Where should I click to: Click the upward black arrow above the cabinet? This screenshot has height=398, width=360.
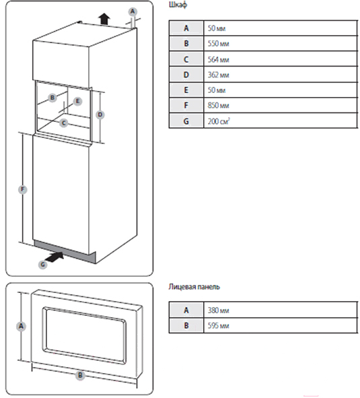[x=104, y=19]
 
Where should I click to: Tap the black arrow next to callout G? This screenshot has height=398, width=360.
[x=55, y=257]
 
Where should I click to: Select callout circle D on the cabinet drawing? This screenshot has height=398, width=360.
[x=100, y=114]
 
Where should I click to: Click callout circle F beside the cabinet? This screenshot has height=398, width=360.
[x=23, y=189]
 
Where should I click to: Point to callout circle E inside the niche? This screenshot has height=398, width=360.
[x=77, y=101]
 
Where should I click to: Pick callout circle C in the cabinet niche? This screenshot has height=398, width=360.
[x=63, y=123]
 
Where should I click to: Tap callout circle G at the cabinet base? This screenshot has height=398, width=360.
[x=42, y=265]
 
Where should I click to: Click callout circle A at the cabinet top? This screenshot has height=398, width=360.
[x=133, y=11]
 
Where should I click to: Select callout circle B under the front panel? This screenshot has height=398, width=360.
[x=80, y=375]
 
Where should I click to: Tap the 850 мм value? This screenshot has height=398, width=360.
[x=219, y=105]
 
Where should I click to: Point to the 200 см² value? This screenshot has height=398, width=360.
[x=219, y=121]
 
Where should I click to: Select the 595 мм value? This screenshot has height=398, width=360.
[x=219, y=325]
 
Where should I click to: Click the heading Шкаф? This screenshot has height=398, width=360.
[x=178, y=5]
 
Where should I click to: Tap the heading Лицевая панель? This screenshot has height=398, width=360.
[x=194, y=287]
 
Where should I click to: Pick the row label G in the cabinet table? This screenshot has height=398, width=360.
[x=186, y=121]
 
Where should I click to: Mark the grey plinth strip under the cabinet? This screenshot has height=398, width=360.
[x=65, y=251]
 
